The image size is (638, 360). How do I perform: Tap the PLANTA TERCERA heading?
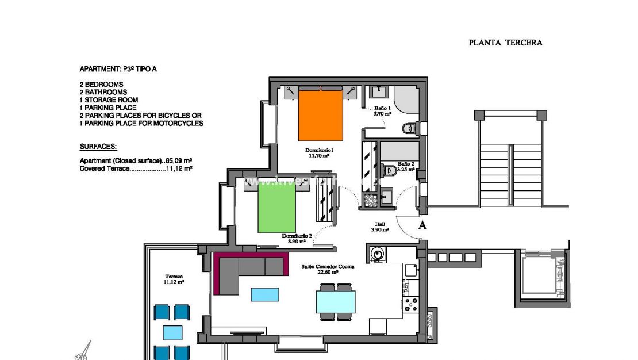505,43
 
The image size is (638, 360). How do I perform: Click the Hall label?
380,225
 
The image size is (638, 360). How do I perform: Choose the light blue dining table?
336,302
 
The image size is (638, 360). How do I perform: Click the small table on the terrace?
172,333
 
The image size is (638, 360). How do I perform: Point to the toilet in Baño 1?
409,128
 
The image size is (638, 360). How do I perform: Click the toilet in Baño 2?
390,170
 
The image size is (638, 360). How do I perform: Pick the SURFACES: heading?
98,147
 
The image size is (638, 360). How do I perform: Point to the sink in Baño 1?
379,92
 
